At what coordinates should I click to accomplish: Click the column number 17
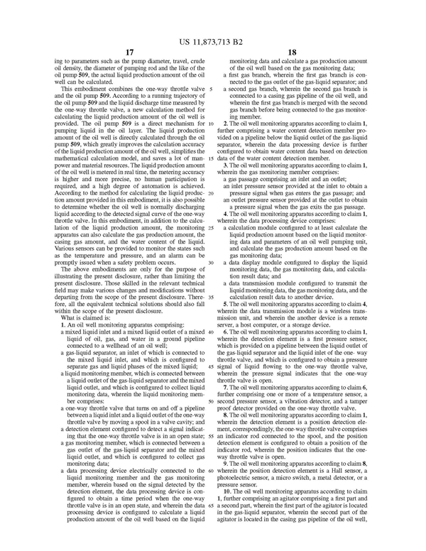tap(129, 52)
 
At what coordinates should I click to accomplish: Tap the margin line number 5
tap(212, 89)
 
